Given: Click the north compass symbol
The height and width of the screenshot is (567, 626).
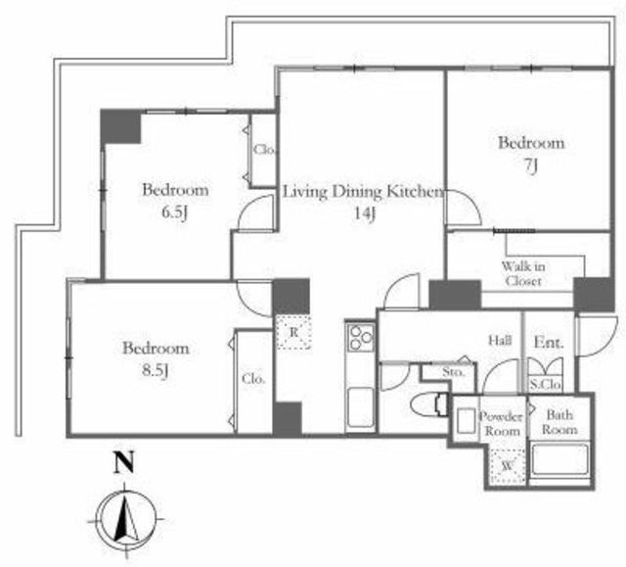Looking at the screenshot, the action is coord(126,520).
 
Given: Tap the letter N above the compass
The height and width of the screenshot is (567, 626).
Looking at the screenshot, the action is coord(124,462).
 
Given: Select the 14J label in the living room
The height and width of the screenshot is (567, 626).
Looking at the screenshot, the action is coord(365,213).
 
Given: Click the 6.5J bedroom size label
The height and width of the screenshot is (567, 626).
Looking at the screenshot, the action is coord(174,213).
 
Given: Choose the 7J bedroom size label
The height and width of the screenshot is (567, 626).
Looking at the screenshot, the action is coord(530,165).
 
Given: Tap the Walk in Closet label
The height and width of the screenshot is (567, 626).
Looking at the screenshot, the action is coord(523,274).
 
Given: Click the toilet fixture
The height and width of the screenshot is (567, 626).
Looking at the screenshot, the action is coord(429,404).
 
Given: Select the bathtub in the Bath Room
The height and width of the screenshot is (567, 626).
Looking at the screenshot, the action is coord(559,460).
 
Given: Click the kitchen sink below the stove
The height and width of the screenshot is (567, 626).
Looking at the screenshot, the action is coord(361,407).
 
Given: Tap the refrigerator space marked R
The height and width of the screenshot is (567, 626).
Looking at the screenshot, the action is coord(293,332).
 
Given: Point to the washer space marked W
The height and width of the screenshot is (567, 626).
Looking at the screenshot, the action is coord(508,466).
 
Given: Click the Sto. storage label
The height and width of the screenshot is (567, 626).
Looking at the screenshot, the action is coord(454,373).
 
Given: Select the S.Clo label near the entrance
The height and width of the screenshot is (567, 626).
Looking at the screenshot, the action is coord(546,385).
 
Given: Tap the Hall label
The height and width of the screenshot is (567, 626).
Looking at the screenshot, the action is coord(500,341).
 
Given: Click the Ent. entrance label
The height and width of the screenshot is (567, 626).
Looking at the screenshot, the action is coord(549,342).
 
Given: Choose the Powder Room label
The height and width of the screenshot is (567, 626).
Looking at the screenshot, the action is coord(502,424).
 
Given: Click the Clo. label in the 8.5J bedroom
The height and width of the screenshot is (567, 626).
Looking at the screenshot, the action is coord(253,379).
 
